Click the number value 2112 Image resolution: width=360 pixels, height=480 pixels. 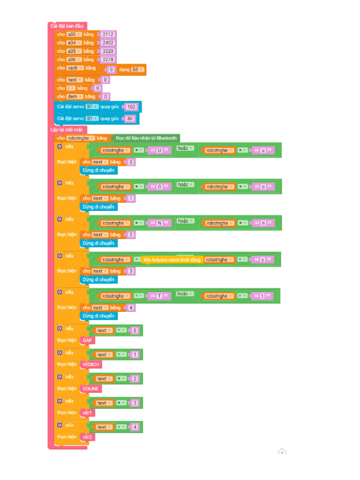108,34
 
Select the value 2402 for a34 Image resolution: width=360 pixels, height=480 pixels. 108,43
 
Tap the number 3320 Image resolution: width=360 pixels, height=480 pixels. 108,51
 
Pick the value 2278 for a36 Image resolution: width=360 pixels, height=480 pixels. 108,60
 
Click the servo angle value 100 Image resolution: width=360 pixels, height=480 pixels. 131,107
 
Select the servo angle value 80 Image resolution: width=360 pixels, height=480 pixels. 130,119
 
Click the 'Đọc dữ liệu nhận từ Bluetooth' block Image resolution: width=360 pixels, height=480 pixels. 146,138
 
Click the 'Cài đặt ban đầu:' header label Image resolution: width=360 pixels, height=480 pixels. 67,26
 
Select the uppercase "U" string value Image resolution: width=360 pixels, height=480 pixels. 159,150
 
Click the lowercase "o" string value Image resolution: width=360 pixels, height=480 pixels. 263,187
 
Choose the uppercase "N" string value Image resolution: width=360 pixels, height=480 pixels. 159,223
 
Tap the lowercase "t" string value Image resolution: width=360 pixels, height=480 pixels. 263,296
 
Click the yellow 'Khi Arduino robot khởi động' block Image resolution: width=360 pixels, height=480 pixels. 172,260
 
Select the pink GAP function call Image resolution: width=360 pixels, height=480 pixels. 87,340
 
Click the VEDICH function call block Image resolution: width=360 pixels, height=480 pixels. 91,365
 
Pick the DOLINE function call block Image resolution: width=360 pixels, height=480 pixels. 91,389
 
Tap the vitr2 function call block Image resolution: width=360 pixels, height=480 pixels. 87,437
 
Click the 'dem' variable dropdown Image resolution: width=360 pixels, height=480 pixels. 74,97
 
